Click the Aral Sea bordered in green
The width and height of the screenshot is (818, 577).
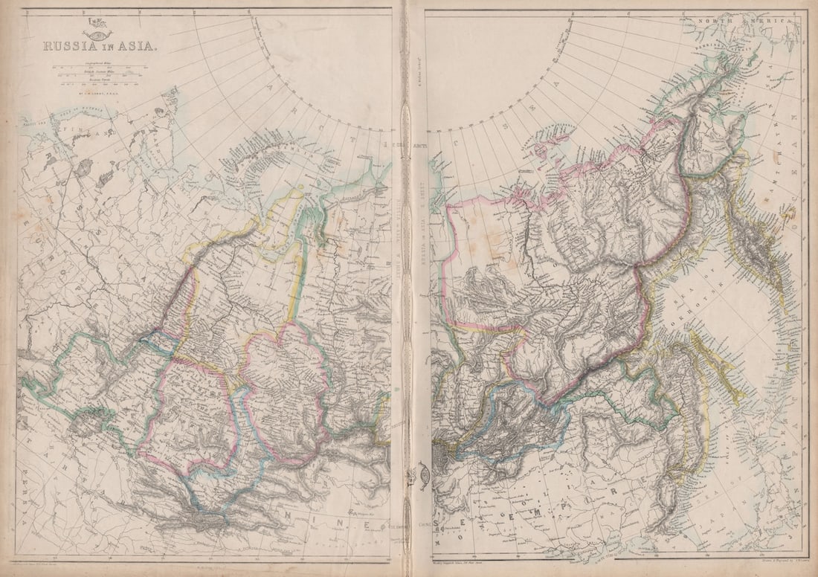click(82, 424)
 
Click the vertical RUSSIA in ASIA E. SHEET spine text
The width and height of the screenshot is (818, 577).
click(418, 253)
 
